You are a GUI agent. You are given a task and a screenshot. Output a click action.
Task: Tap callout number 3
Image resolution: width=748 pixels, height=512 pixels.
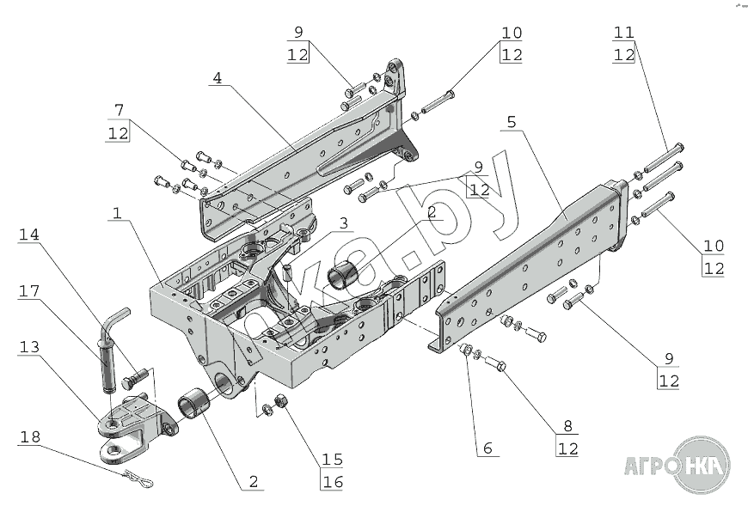(x=342, y=223)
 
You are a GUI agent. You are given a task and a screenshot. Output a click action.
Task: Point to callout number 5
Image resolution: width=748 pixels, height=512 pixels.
(x=512, y=122)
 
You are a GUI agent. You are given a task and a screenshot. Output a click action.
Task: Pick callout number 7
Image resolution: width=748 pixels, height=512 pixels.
(x=120, y=109)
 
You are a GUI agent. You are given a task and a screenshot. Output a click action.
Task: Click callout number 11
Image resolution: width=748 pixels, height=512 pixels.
(x=623, y=33)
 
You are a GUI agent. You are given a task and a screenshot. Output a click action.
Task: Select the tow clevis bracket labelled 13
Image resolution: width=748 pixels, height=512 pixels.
(x=129, y=424)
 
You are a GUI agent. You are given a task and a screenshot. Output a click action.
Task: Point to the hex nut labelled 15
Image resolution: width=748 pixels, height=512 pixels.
(x=281, y=402)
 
